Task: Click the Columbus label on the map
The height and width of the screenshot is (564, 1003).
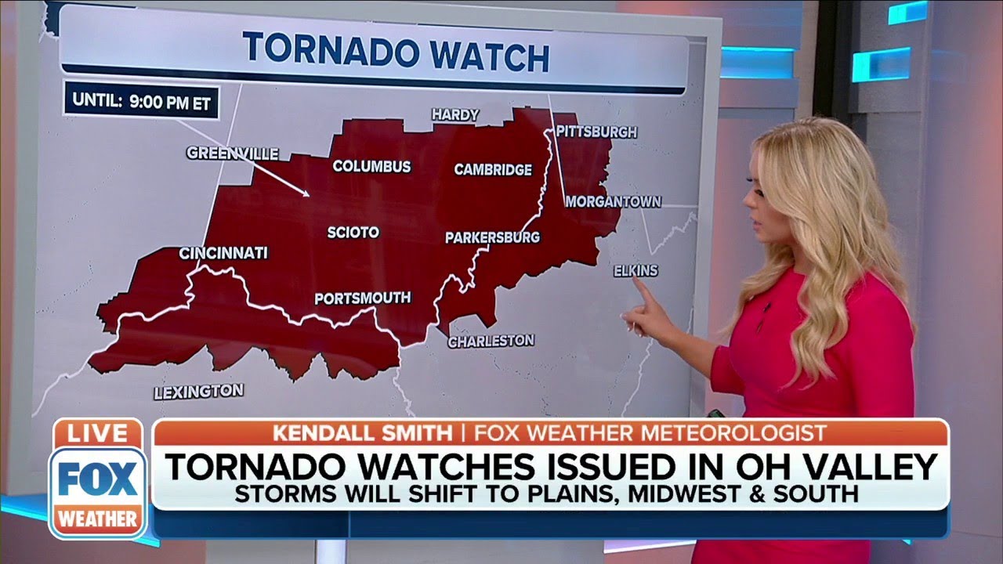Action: tap(371, 166)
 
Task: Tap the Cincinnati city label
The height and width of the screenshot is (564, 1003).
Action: tap(223, 253)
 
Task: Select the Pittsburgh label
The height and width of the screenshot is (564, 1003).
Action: tap(596, 132)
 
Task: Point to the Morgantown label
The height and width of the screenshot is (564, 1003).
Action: tap(613, 201)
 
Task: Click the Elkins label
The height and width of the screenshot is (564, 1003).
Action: tap(635, 270)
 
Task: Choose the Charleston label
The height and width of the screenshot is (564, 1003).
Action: tap(491, 341)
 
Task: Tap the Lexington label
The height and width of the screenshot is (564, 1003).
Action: tap(198, 391)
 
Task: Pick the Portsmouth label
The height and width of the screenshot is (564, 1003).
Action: tap(362, 298)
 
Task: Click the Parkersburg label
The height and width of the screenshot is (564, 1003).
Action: tap(492, 237)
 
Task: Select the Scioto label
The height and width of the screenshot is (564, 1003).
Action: tap(353, 233)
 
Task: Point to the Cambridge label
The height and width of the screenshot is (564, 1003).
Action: tap(493, 169)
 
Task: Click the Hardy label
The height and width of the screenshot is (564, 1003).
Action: tap(455, 114)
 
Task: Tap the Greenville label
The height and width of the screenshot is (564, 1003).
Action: tap(233, 153)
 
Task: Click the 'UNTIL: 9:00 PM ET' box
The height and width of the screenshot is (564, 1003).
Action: tap(142, 101)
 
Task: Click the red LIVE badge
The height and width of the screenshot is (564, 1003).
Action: tap(97, 433)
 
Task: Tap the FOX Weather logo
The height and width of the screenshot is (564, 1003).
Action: tap(97, 492)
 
